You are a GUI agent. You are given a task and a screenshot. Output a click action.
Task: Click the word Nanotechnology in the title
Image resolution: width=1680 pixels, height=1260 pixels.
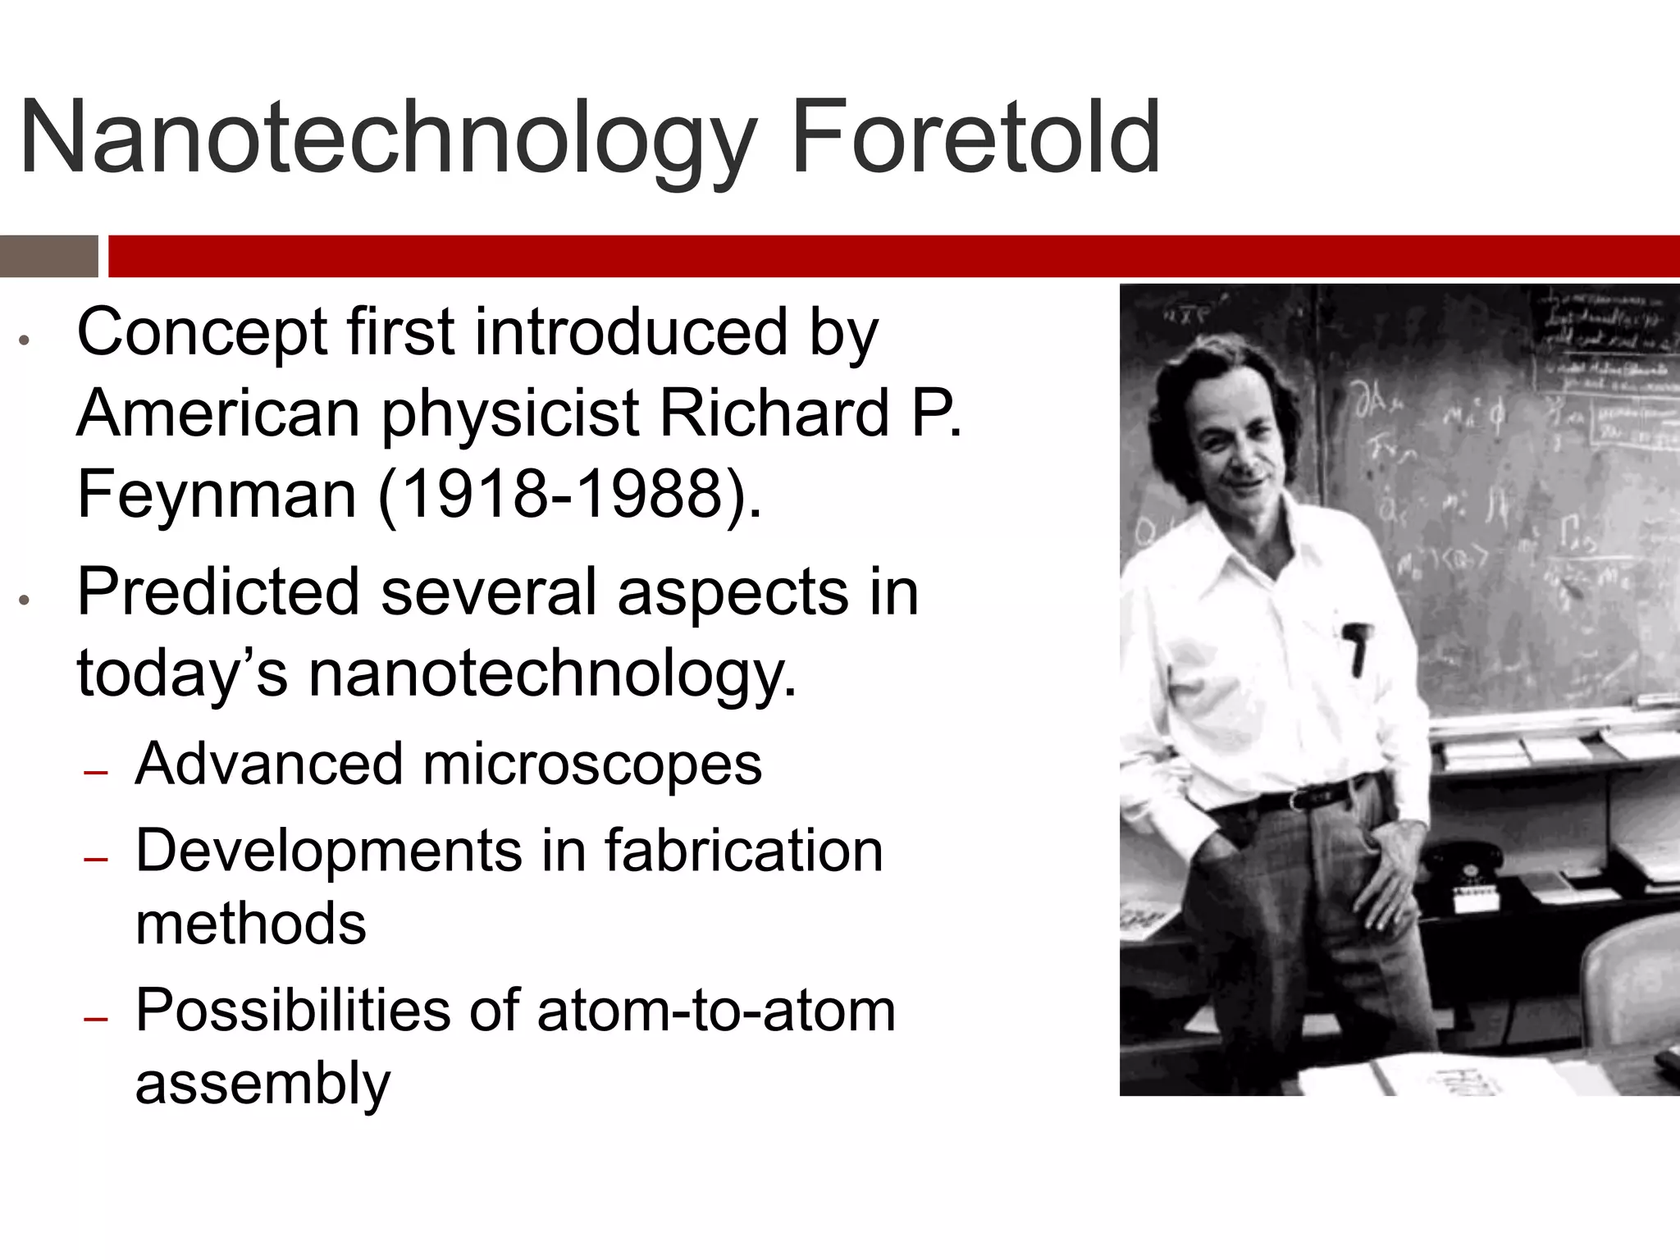tap(386, 138)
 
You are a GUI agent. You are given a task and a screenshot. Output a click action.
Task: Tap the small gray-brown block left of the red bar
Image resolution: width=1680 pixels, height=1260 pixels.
tap(48, 256)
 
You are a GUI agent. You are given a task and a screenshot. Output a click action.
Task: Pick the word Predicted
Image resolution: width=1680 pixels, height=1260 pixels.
tap(218, 591)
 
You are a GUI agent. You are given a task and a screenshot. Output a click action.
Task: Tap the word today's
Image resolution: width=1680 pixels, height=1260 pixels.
tap(182, 673)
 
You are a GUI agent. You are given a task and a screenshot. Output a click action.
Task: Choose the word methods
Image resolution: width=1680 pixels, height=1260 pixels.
tap(250, 924)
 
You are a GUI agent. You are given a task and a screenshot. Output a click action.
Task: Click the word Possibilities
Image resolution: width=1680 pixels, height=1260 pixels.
tap(293, 1010)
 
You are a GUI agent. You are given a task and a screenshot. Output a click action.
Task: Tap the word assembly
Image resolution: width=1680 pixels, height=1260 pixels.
tap(262, 1084)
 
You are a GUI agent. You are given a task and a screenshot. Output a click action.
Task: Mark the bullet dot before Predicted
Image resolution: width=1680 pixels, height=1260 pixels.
tap(25, 600)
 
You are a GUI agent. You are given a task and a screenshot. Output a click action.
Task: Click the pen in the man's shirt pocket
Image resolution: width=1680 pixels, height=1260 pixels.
tap(1357, 648)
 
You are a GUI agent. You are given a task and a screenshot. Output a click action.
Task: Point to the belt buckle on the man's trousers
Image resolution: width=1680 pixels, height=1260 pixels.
tap(1301, 798)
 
